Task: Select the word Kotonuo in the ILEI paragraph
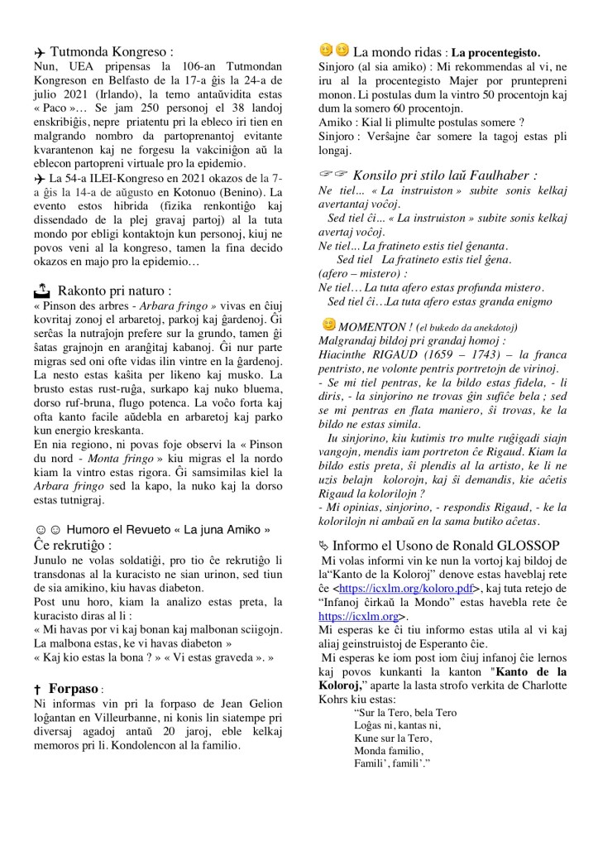click(215, 191)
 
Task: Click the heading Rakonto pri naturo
click(115, 291)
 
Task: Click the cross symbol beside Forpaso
click(39, 688)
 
